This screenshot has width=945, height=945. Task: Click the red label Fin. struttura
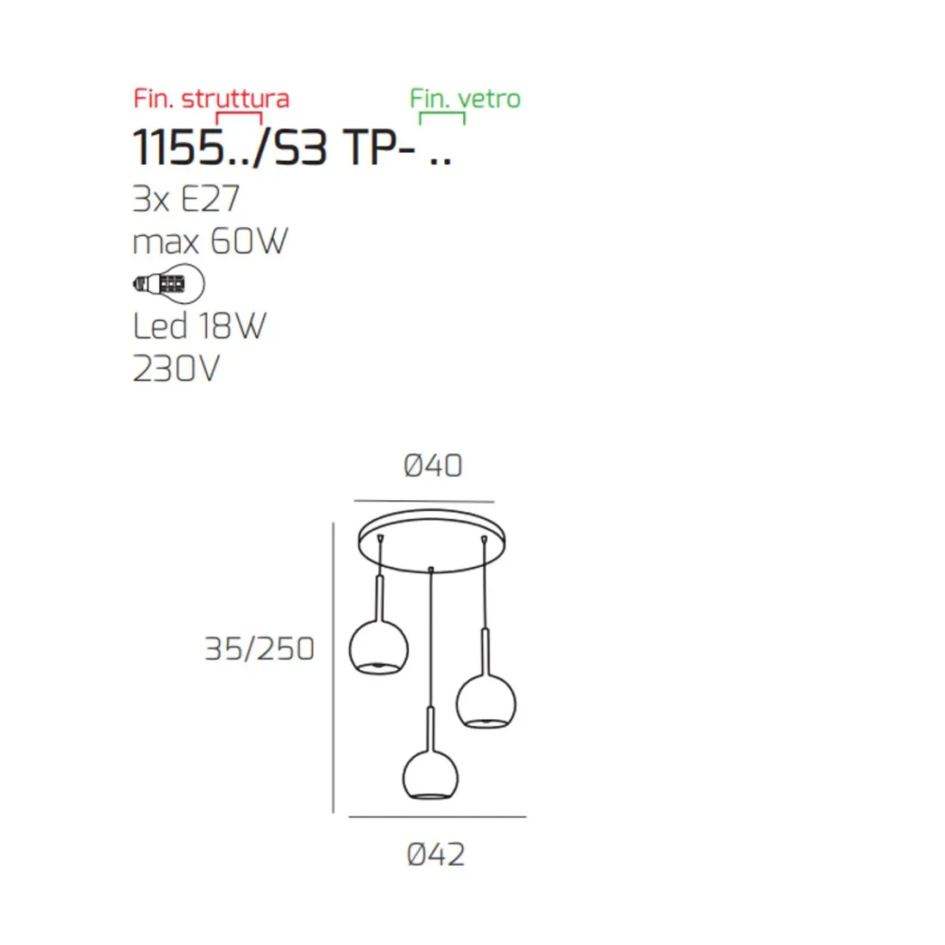click(x=211, y=98)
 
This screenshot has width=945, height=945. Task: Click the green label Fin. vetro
click(x=465, y=98)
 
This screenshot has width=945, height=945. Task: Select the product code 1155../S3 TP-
click(x=292, y=148)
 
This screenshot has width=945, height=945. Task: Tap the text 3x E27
click(x=186, y=199)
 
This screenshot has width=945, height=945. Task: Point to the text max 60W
click(x=210, y=241)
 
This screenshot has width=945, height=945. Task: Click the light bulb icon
click(x=169, y=283)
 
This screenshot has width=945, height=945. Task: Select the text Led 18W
click(x=199, y=326)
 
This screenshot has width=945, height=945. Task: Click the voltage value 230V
click(x=176, y=369)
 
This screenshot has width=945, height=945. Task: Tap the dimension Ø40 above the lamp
click(x=433, y=466)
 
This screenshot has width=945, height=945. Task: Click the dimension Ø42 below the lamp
click(x=436, y=855)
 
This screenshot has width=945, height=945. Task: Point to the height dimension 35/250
click(x=259, y=649)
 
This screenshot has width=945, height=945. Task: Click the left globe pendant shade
click(x=378, y=649)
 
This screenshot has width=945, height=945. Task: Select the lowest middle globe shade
click(x=430, y=774)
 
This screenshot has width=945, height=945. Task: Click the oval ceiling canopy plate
click(x=433, y=542)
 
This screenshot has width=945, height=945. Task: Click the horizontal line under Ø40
click(x=424, y=501)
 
